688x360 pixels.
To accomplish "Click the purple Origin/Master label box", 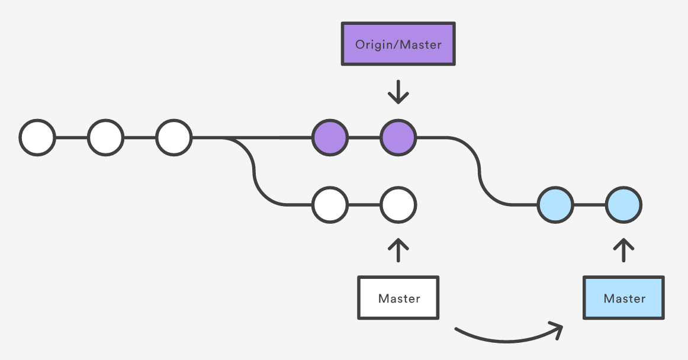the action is pos(398,44).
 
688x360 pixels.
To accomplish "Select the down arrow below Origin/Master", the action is pos(398,92).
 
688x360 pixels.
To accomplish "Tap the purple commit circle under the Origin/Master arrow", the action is pos(398,137).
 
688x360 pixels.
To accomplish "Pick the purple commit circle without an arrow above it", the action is pos(330,137).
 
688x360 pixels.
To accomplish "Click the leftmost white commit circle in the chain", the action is pos(37,137).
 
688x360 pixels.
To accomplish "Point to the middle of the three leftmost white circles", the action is pos(105,137).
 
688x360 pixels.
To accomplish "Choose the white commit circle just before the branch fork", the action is pos(173,137).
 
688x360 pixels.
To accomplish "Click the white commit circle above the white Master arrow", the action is pos(398,205).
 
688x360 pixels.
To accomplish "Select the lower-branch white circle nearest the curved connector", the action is pos(330,205).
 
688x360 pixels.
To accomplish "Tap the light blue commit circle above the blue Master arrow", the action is pos(623,205).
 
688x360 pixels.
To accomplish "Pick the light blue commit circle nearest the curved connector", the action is pos(555,205).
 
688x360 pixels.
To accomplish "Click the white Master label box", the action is pos(398,298).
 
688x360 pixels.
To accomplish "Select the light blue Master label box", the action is pos(623,298).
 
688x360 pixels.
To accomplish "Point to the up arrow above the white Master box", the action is pos(398,250).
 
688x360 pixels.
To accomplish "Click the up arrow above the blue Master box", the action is pos(623,250).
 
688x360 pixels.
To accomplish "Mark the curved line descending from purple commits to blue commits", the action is pos(479,171).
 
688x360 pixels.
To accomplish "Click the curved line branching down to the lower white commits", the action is pos(254,171).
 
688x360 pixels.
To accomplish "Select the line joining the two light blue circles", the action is pos(589,205).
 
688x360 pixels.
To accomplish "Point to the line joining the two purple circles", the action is pos(364,137).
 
